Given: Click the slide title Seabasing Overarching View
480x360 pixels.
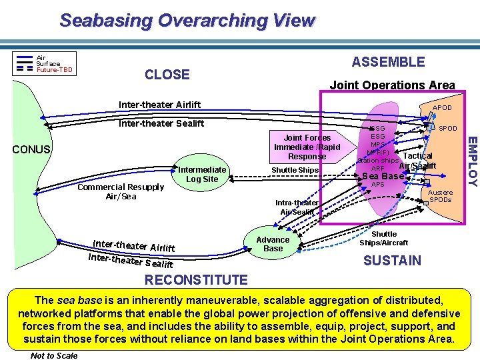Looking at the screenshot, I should tap(187, 20).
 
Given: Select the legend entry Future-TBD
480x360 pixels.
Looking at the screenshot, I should tap(54, 69).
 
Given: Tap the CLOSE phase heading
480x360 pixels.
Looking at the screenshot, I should tap(167, 75).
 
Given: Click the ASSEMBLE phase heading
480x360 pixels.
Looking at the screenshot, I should tap(388, 62).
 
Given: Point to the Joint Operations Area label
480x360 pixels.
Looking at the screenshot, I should tap(392, 85).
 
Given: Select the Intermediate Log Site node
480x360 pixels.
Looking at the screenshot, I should tap(202, 174).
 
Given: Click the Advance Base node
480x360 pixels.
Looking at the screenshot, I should tap(273, 244).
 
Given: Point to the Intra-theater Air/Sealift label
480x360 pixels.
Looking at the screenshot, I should tap(297, 207).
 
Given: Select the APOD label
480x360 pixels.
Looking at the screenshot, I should tap(442, 107).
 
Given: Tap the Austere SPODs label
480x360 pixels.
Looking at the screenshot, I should tap(440, 196).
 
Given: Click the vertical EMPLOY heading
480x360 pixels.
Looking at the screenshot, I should tap(471, 161).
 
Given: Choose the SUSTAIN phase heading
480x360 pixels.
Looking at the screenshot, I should tap(392, 260).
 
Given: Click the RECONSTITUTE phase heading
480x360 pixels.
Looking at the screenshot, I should tap(187, 279).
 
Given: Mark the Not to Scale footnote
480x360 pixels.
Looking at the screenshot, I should tap(54, 355).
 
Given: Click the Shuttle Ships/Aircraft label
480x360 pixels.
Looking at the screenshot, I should tap(384, 238).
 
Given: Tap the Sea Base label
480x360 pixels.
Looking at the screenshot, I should tap(383, 176).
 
